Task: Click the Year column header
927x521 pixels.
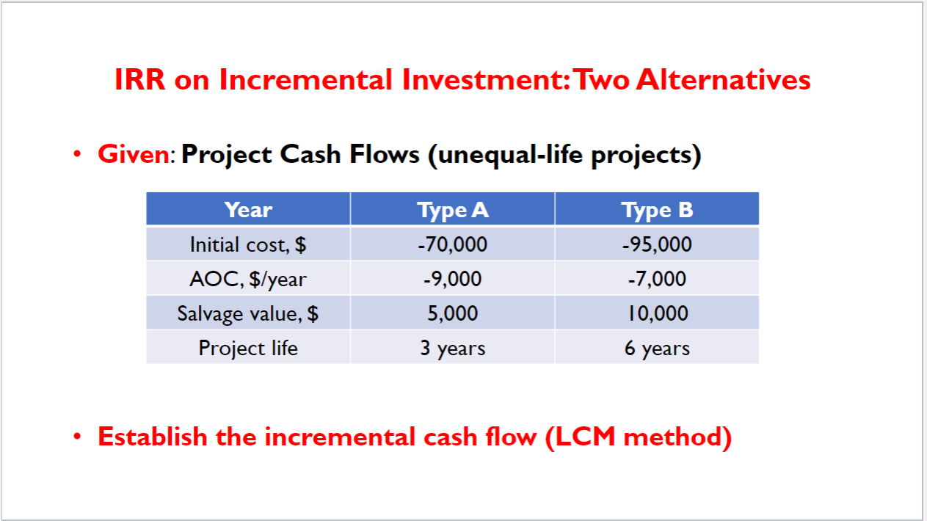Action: pos(248,210)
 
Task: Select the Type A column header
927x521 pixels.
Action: pos(453,210)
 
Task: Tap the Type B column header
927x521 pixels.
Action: pos(657,210)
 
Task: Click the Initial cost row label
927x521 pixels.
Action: pos(248,244)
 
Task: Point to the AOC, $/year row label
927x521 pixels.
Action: pos(248,279)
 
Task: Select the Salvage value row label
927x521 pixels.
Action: pos(248,313)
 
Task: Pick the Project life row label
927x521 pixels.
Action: pos(248,347)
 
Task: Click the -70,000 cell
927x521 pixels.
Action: pos(453,244)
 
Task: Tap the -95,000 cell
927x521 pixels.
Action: pos(657,244)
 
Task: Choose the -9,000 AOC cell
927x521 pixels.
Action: pos(453,279)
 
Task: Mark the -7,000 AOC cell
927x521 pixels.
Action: pos(657,279)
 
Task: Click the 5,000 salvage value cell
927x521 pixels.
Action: pos(453,313)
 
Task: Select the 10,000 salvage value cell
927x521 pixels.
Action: pos(657,313)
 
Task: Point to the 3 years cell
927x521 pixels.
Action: pos(453,347)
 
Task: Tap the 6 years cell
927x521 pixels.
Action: pos(657,347)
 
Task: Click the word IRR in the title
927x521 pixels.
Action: pos(140,79)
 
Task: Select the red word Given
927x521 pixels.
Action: pos(134,155)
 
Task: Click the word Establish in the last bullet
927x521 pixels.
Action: pos(153,437)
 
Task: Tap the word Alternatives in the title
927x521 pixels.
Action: pos(723,79)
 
